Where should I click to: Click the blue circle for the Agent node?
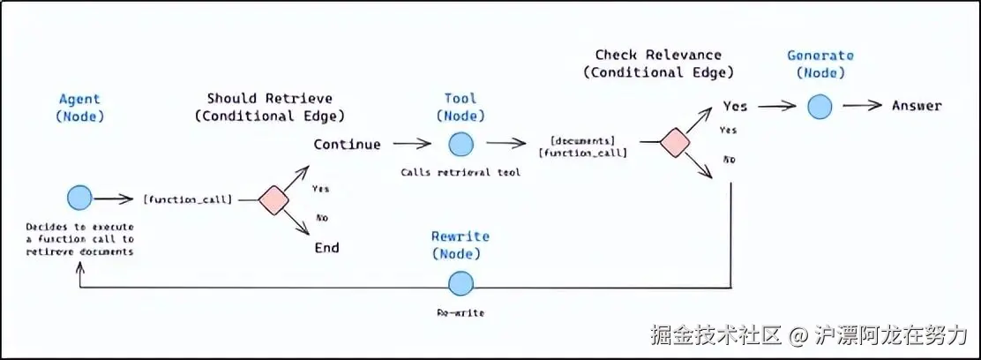pyautogui.click(x=79, y=198)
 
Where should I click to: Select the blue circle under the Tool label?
pyautogui.click(x=460, y=144)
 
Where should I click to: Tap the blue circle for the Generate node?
pyautogui.click(x=820, y=106)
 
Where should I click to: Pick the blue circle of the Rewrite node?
pyautogui.click(x=461, y=283)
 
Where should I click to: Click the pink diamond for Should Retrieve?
pyautogui.click(x=274, y=199)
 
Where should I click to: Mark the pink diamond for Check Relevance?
pyautogui.click(x=675, y=143)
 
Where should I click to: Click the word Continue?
pyautogui.click(x=348, y=144)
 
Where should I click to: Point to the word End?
pyautogui.click(x=326, y=248)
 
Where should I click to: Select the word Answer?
pyautogui.click(x=916, y=106)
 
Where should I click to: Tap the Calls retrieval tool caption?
pyautogui.click(x=460, y=172)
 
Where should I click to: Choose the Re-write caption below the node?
pyautogui.click(x=460, y=312)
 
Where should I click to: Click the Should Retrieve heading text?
pyautogui.click(x=269, y=98)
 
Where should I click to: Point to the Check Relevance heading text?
pyautogui.click(x=658, y=55)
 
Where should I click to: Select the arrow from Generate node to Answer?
pyautogui.click(x=862, y=106)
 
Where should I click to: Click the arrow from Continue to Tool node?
pyautogui.click(x=412, y=143)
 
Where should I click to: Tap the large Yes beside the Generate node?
pyautogui.click(x=735, y=106)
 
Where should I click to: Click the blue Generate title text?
pyautogui.click(x=820, y=56)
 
